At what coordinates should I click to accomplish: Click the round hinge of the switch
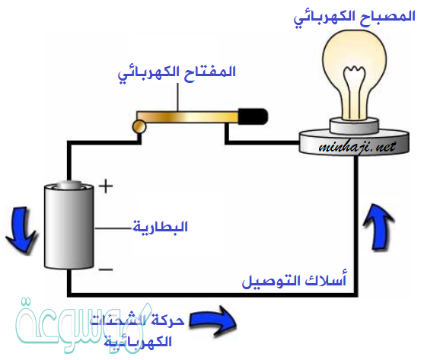pyautogui.click(x=140, y=126)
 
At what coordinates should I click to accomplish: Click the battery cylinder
pyautogui.click(x=69, y=228)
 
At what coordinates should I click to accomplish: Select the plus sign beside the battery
pyautogui.click(x=106, y=185)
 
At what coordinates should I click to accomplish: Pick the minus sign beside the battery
pyautogui.click(x=106, y=269)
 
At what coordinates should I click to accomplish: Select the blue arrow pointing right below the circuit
pyautogui.click(x=213, y=319)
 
